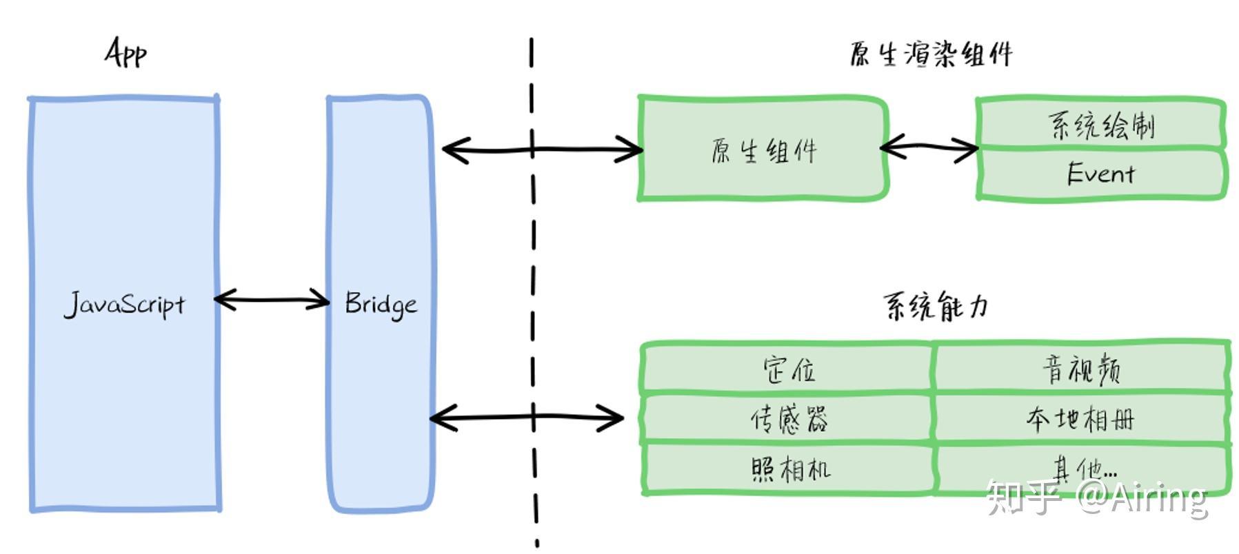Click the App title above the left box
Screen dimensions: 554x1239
pos(125,52)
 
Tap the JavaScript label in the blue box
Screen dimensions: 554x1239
pos(125,304)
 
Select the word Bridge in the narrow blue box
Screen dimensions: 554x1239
pos(381,304)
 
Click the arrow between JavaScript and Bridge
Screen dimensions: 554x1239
pos(272,300)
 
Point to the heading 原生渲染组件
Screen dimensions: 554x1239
pos(931,54)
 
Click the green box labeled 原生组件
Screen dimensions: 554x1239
pos(763,150)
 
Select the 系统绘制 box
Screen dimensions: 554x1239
pos(1100,125)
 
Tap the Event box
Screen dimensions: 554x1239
pos(1100,174)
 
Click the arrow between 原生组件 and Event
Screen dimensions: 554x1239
pos(929,147)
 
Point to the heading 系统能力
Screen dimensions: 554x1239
pos(936,306)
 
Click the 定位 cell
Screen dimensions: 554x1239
pos(787,370)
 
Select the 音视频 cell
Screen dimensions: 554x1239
pos(1081,369)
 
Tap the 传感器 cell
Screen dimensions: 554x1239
pos(787,419)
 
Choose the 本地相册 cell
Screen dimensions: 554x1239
pos(1081,418)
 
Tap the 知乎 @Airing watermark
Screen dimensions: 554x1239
pos(1096,497)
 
